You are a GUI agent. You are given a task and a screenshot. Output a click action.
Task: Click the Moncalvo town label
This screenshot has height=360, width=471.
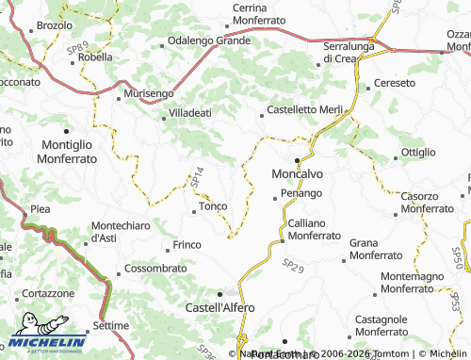[297, 174]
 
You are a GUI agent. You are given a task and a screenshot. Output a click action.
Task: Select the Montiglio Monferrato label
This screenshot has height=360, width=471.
[70, 152]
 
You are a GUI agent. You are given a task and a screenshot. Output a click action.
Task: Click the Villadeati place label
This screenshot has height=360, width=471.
[190, 112]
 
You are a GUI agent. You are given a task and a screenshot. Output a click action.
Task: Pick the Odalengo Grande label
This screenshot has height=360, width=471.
[208, 41]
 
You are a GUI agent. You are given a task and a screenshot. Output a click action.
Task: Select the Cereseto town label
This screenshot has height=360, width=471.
[394, 83]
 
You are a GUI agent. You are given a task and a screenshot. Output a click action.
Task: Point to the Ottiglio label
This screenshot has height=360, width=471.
[418, 152]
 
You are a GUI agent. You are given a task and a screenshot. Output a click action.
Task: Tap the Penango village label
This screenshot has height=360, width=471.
[301, 193]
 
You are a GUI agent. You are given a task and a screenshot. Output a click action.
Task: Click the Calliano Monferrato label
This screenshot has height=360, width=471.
[315, 228]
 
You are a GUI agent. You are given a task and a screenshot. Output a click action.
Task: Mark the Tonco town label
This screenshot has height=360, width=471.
[212, 205]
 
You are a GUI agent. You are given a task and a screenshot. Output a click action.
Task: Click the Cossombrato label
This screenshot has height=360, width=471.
[156, 269]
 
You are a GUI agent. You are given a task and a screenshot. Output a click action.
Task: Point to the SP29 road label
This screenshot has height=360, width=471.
[294, 269]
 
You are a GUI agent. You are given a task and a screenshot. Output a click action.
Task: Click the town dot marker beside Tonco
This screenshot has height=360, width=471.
[194, 211]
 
